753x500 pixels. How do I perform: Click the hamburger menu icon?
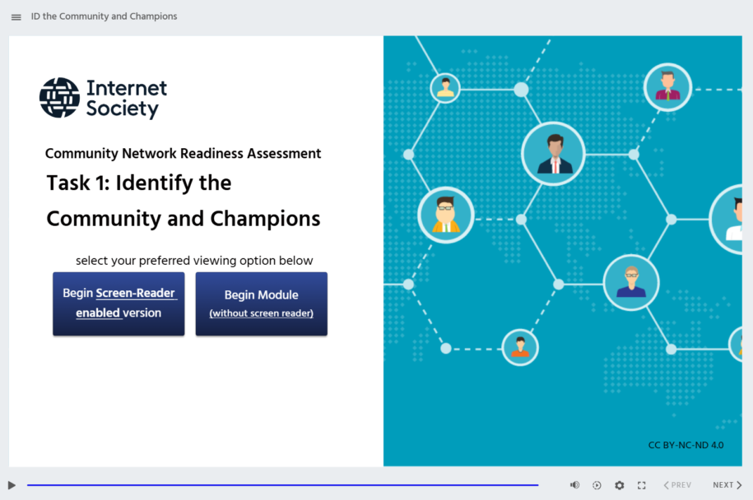pyautogui.click(x=16, y=16)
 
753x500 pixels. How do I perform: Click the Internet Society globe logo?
pyautogui.click(x=59, y=98)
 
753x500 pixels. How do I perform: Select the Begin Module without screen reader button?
pyautogui.click(x=261, y=303)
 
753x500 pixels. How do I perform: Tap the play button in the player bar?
pyautogui.click(x=12, y=485)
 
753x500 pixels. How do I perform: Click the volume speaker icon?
pyautogui.click(x=574, y=485)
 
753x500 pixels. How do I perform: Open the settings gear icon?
pyautogui.click(x=619, y=485)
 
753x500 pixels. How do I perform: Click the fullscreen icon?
pyautogui.click(x=642, y=485)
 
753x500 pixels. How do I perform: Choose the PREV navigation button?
pyautogui.click(x=677, y=485)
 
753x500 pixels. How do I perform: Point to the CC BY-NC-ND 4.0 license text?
pyautogui.click(x=686, y=445)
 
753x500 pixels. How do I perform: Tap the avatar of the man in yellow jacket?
pyautogui.click(x=446, y=215)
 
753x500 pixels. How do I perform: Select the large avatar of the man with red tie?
pyautogui.click(x=553, y=154)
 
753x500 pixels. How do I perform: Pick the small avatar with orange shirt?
pyautogui.click(x=520, y=347)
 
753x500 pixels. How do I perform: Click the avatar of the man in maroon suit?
pyautogui.click(x=667, y=86)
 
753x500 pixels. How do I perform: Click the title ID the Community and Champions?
pyautogui.click(x=104, y=16)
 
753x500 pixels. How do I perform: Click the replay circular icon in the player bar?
pyautogui.click(x=597, y=485)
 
